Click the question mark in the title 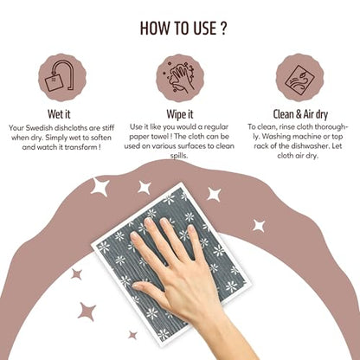tap(223, 29)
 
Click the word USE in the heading tap(203, 29)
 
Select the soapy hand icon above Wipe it tap(180, 78)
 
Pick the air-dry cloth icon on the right tap(299, 78)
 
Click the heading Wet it tap(59, 114)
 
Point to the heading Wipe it tap(180, 114)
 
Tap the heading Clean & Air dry tap(300, 114)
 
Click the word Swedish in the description tap(39, 127)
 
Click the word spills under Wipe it tap(179, 156)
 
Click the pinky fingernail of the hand tap(192, 228)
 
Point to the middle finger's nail tap(149, 222)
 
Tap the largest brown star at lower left tap(87, 312)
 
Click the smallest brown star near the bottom tap(132, 335)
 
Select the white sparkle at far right tap(259, 226)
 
